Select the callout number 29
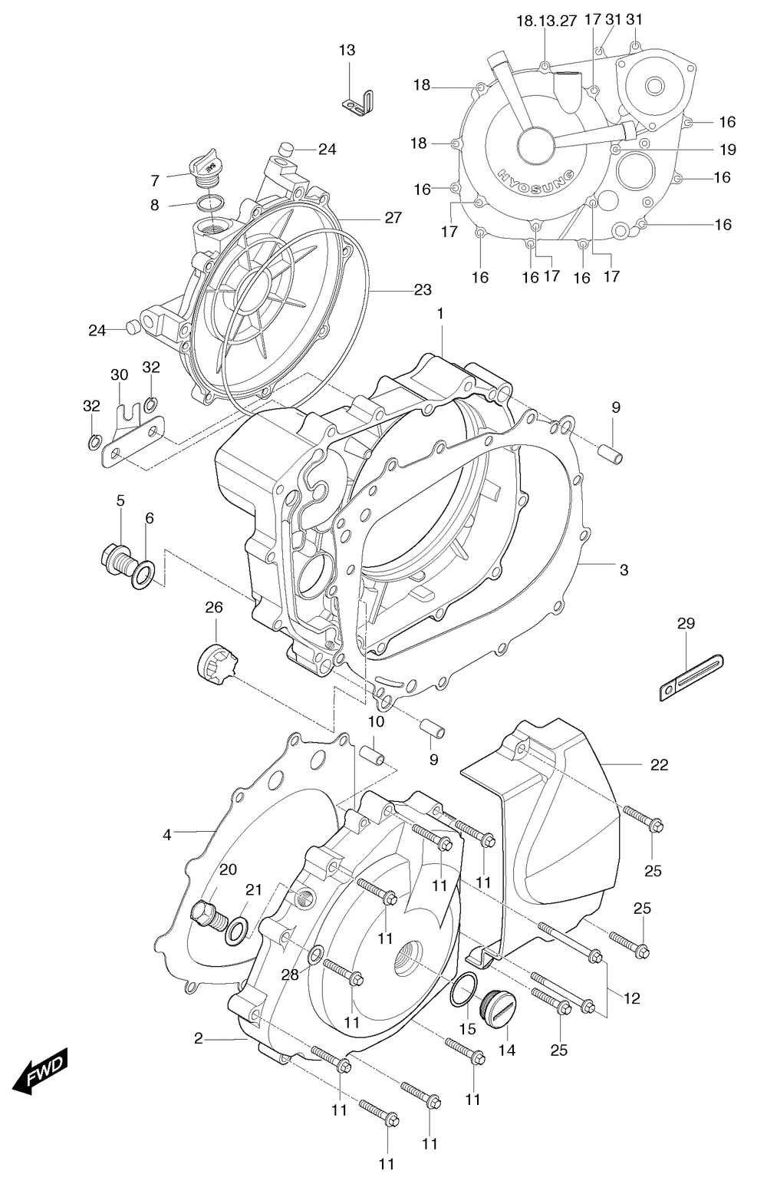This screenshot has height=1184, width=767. [x=686, y=624]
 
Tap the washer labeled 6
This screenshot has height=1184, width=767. [x=143, y=576]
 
